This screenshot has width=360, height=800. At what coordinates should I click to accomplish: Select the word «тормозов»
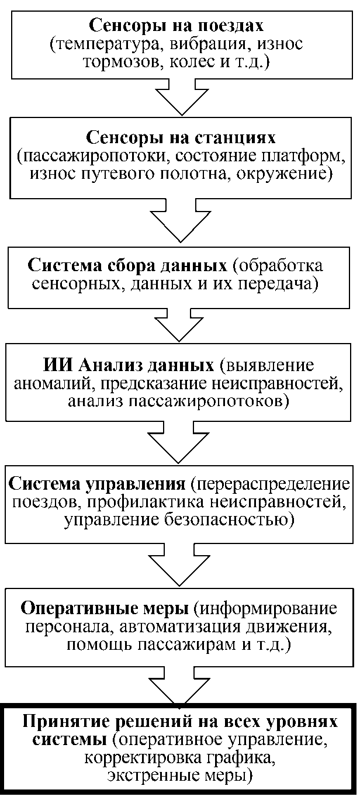(133, 61)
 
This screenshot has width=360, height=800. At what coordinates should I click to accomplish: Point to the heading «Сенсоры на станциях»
(181, 140)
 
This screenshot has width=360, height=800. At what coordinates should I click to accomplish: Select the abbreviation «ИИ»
(57, 366)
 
